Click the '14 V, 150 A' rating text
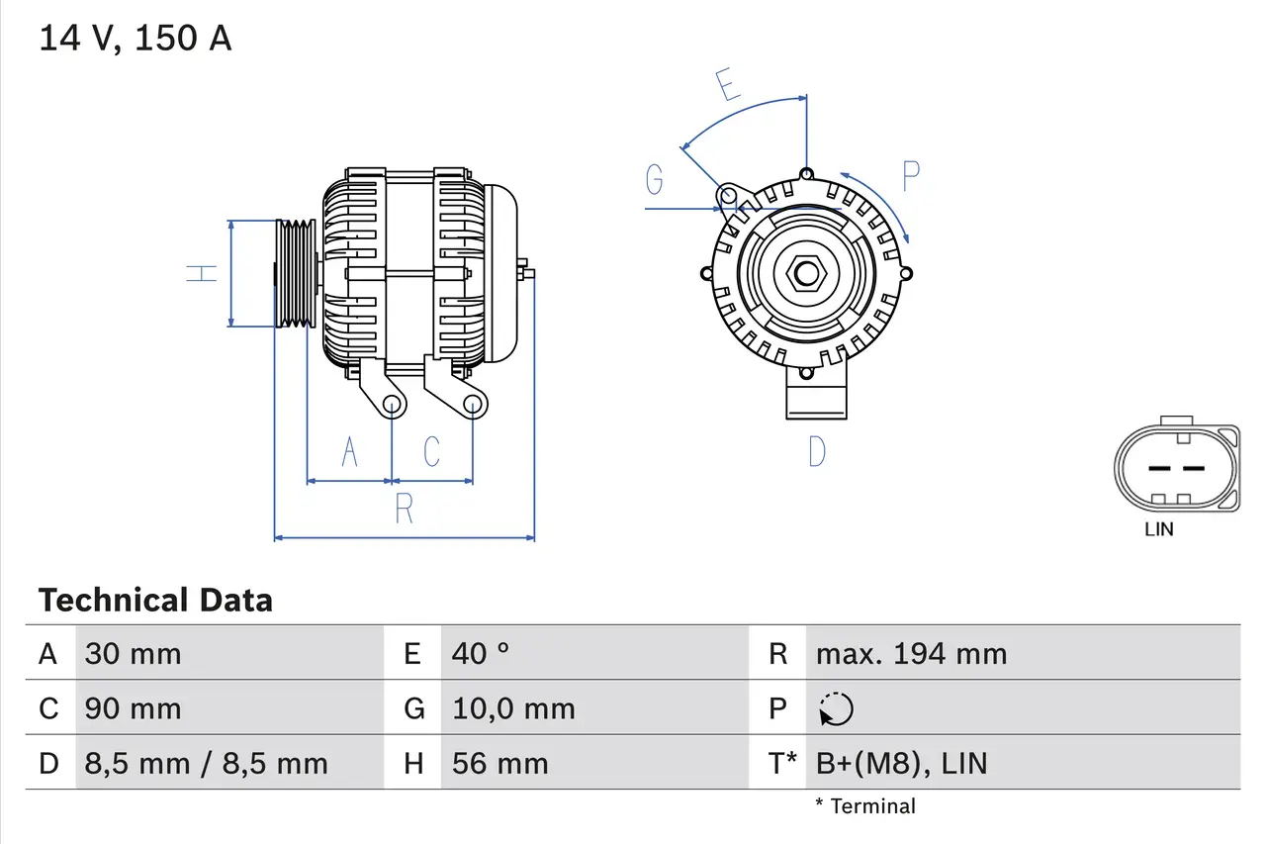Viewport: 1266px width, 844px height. point(136,39)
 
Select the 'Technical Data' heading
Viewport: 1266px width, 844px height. point(155,600)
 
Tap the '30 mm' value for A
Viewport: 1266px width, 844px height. point(133,653)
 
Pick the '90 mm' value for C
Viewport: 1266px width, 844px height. point(133,708)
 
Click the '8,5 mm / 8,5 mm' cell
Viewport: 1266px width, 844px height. point(206,763)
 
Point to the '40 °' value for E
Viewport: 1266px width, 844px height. point(481,653)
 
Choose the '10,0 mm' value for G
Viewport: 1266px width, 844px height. point(513,708)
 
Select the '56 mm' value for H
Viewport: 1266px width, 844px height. point(499,763)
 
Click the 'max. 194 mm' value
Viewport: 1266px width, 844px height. point(911,653)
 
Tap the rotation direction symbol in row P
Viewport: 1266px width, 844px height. point(837,708)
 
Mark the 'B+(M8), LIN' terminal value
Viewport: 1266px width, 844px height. point(901,763)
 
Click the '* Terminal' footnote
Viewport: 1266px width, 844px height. point(865,806)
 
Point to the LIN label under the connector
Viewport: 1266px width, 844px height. point(1158,529)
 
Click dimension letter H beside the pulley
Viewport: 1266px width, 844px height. point(203,272)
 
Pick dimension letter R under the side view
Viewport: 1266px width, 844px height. point(404,509)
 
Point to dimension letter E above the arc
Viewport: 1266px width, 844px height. point(728,85)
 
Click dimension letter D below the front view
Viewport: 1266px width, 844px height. point(816,451)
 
